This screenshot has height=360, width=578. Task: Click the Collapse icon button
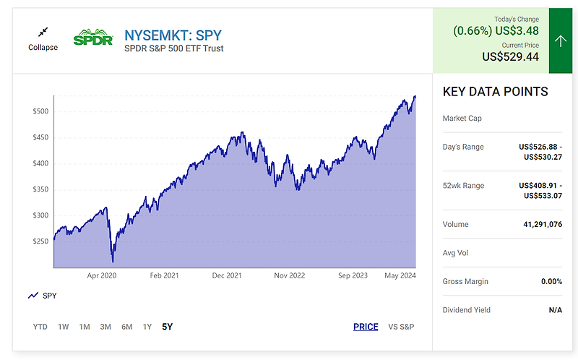[43, 33]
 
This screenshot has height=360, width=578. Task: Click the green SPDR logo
[93, 37]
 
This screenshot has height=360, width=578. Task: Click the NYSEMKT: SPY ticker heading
[173, 34]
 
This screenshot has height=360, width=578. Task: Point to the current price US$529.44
[510, 56]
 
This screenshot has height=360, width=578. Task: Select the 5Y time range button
[167, 327]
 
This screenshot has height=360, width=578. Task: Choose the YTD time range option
[40, 327]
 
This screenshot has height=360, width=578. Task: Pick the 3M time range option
[105, 327]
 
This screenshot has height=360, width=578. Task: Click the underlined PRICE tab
[366, 327]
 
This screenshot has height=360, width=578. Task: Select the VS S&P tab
[401, 327]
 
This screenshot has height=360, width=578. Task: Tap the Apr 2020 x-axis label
[102, 275]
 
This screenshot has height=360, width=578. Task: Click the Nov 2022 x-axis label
[290, 275]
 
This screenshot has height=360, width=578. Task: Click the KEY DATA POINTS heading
[495, 92]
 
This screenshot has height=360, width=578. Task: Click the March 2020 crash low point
[113, 262]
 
